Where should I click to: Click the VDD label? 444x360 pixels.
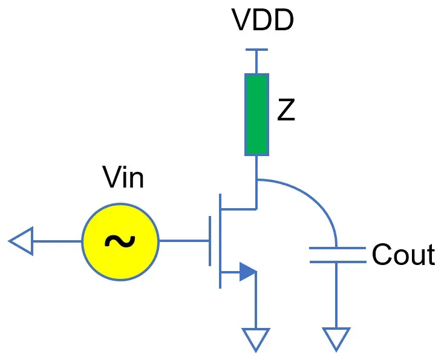tap(263, 22)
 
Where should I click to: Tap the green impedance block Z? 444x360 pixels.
tap(256, 115)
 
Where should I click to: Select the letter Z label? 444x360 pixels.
tap(286, 111)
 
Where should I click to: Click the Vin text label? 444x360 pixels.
tap(123, 178)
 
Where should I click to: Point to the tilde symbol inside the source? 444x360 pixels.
tap(120, 241)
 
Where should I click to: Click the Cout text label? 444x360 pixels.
tap(403, 255)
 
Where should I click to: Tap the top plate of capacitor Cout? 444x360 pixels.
tap(337, 248)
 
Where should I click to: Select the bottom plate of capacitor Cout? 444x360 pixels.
tap(337, 261)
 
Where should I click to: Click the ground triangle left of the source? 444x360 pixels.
tap(21, 241)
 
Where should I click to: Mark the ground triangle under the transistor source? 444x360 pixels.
tap(256, 339)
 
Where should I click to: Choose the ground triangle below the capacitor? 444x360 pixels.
tap(337, 339)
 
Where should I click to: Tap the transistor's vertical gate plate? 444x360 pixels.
tap(211, 241)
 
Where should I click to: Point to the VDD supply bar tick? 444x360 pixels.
tap(256, 50)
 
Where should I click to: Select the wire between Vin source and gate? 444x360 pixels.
tap(184, 241)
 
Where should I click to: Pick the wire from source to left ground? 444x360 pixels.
tap(57, 241)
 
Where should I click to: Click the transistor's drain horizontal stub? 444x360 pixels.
tap(238, 209)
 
